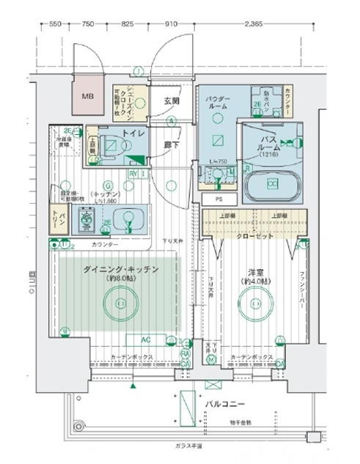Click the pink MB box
coord(87,97)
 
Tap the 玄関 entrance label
coord(172,100)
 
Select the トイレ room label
coord(132,134)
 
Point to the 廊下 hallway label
coord(172,144)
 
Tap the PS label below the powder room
coord(218,198)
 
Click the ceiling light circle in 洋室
coord(254,302)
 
